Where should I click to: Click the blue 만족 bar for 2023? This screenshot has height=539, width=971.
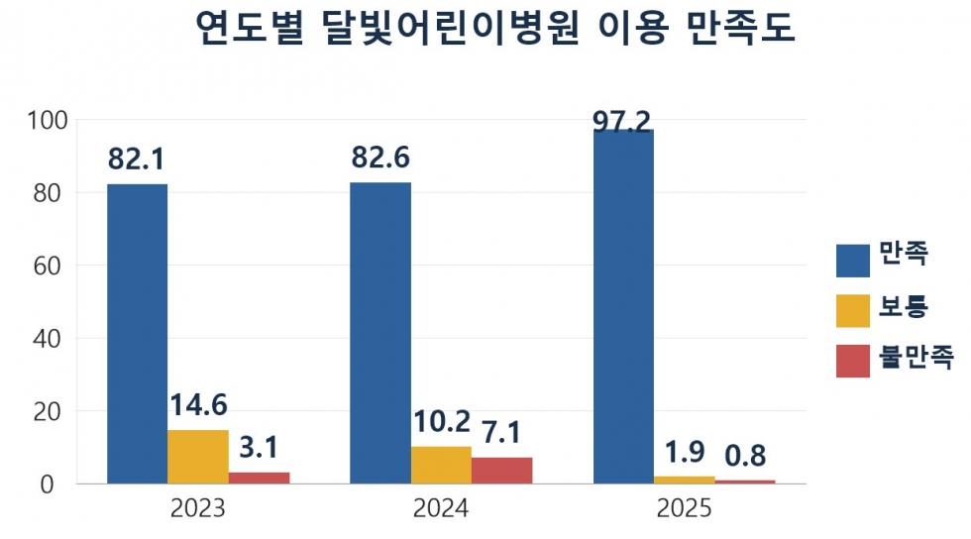(x=137, y=334)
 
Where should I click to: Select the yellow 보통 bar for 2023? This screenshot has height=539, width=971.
(x=197, y=457)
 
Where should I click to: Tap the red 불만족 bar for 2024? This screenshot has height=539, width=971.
(x=501, y=471)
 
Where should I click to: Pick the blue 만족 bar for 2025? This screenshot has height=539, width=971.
(x=623, y=307)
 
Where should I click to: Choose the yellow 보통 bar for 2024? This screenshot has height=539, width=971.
(x=441, y=466)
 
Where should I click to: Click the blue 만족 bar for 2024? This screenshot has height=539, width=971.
(x=380, y=333)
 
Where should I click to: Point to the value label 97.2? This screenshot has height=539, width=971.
(x=622, y=122)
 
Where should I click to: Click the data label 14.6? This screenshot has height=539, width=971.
(x=198, y=405)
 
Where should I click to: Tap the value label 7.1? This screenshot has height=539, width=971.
(x=501, y=432)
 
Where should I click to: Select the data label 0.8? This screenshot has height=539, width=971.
(x=745, y=456)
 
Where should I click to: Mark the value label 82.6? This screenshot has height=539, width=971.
(x=380, y=158)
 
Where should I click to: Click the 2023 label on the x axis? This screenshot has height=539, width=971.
(x=198, y=508)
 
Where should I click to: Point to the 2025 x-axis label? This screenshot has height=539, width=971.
(x=685, y=508)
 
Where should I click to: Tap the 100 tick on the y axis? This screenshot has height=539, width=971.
(x=48, y=120)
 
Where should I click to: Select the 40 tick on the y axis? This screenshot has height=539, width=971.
(x=48, y=339)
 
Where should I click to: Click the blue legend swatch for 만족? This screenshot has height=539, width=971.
(x=853, y=261)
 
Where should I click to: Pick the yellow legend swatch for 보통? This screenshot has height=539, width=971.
(x=853, y=310)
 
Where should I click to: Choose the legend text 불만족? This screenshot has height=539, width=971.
(x=916, y=357)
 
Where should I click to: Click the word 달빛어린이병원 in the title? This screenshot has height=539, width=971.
(x=451, y=27)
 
